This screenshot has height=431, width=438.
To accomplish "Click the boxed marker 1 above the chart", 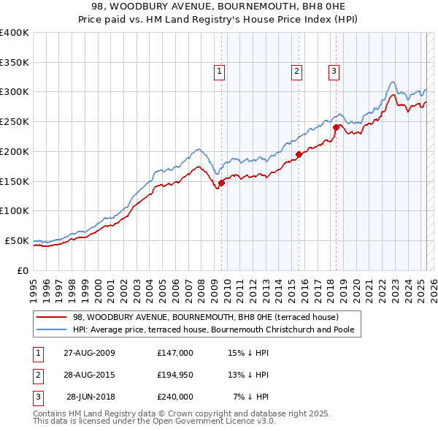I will coord(220,71).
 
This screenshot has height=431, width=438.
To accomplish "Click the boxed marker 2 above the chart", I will coord(297,71).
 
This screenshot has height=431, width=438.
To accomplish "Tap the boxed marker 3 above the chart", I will coord(334,71).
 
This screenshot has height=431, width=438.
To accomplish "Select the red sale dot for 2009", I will coord(221,183).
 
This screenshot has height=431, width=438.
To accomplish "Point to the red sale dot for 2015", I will coord(299,154).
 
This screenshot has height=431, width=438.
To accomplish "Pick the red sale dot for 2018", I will coord(336,127).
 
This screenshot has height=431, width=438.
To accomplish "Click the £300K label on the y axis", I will coord(15,92).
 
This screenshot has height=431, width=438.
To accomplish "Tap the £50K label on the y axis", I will coord(18,240).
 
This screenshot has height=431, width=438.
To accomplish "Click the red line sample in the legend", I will coord(51,318).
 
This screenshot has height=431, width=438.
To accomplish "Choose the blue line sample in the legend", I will coord(51,329).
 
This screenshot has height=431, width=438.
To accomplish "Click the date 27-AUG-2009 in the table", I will coord(88,352).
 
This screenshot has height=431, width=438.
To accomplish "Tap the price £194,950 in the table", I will coord(175,375).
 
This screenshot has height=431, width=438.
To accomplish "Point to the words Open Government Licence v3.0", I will coord(213,422).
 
